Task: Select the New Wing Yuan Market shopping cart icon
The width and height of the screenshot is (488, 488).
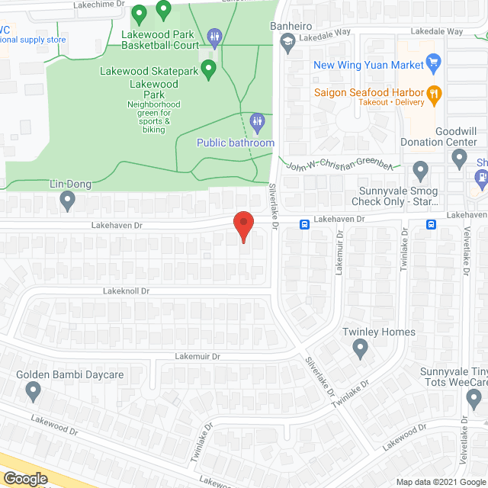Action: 433,62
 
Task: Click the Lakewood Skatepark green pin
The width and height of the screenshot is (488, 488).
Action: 209,69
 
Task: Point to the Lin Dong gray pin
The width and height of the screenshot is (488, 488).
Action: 67,201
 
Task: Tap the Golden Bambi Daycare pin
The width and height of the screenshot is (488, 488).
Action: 33,391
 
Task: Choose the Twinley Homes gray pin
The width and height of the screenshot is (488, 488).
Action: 361,348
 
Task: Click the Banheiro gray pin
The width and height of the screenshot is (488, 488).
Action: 288,43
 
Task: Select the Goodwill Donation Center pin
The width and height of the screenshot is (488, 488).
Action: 459,159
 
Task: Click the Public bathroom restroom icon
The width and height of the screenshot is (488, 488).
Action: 258,120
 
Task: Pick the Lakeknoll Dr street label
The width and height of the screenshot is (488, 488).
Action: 127,291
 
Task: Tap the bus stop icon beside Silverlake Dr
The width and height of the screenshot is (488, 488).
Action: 303,224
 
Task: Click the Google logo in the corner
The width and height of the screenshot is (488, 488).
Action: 25,478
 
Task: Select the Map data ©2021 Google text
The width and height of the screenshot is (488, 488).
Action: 441,480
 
